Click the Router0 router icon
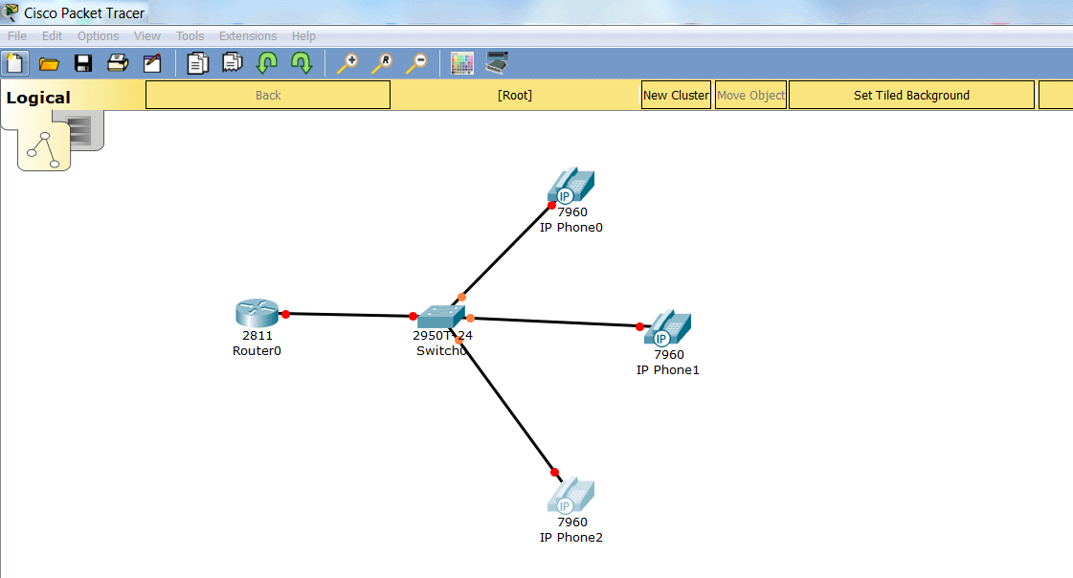click(x=257, y=313)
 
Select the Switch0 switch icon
click(x=440, y=317)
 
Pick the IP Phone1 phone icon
click(x=667, y=327)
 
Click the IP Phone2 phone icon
click(x=570, y=496)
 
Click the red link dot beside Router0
click(x=285, y=314)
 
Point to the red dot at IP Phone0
click(x=551, y=205)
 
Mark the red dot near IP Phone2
click(x=554, y=472)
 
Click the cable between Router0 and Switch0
click(x=349, y=315)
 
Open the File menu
click(x=17, y=36)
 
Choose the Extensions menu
click(x=248, y=36)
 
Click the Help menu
click(x=303, y=36)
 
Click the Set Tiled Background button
click(x=911, y=95)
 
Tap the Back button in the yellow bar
click(x=268, y=95)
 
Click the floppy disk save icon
click(x=83, y=63)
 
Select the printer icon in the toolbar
click(x=118, y=63)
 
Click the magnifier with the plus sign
click(x=347, y=63)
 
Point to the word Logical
click(x=38, y=98)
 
